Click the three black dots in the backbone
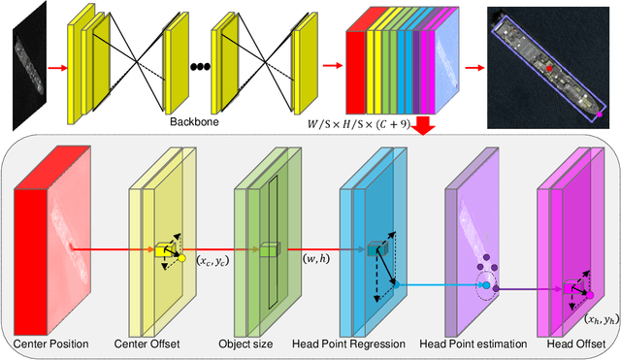pyautogui.click(x=200, y=67)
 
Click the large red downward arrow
pyautogui.click(x=424, y=125)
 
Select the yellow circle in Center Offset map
pyautogui.click(x=181, y=259)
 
